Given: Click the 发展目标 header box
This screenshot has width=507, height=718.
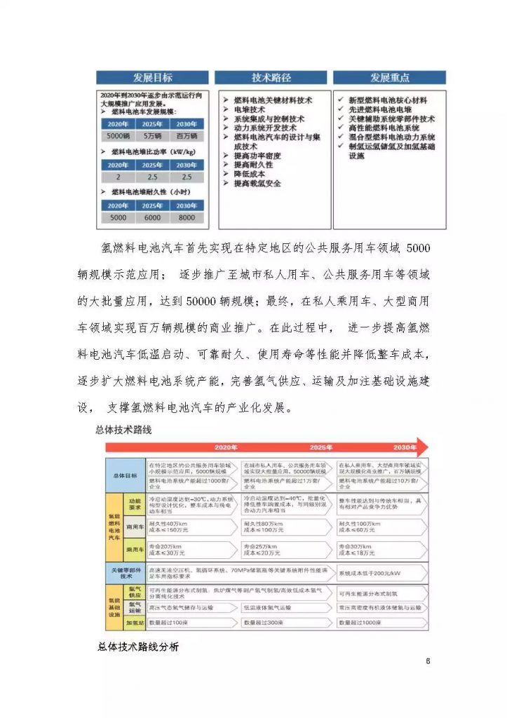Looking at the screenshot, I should [x=152, y=78].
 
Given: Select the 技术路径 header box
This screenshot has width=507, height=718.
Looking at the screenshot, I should [x=271, y=78].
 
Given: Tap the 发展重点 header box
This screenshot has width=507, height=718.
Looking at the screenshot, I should [x=390, y=78].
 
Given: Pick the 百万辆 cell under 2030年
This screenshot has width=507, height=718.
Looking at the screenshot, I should [x=187, y=136].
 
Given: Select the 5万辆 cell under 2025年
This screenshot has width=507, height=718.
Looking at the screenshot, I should [x=152, y=136].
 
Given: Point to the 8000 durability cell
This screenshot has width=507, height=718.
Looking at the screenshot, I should [x=187, y=217].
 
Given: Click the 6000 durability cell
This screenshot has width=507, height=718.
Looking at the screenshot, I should [x=152, y=217].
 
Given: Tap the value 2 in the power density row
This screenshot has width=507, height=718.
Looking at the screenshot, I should [x=119, y=177].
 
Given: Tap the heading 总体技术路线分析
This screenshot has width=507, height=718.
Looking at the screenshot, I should [x=137, y=646].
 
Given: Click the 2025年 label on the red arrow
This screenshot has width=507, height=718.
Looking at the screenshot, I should [x=321, y=447].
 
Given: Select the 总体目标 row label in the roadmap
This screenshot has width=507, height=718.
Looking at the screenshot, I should [x=125, y=475].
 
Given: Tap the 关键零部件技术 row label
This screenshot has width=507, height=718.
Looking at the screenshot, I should [x=125, y=573].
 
